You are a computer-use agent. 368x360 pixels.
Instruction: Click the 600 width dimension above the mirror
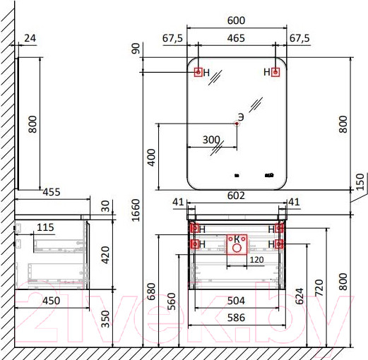236,20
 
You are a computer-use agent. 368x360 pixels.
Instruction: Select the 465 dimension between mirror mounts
236,38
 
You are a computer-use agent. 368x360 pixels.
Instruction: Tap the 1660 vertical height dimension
136,210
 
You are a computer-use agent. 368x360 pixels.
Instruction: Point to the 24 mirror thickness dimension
30,38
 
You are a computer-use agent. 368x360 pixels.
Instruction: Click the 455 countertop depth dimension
52,192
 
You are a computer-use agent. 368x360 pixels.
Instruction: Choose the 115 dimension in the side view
45,227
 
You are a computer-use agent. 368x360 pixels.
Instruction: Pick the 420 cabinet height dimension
105,255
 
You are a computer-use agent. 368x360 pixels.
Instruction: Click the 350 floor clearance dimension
105,319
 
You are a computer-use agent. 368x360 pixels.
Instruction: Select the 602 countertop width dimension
236,196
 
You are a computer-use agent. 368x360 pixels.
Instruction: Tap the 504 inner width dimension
236,301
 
